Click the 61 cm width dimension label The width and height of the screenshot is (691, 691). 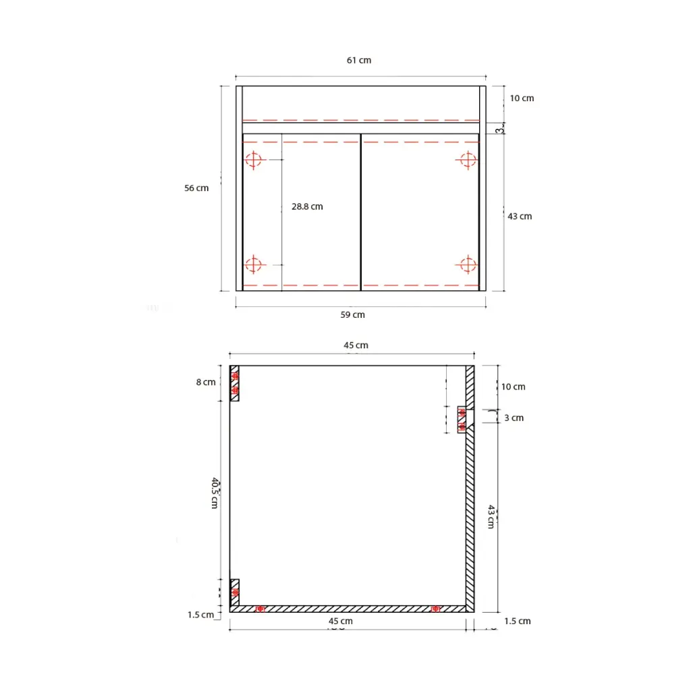coord(359,60)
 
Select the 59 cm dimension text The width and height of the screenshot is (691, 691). coord(353,314)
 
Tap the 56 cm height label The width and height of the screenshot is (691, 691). coord(196,188)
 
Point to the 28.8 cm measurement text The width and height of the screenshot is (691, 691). coord(307,206)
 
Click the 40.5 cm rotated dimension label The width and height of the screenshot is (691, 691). coord(215,493)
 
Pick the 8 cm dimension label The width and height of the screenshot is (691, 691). coord(206,383)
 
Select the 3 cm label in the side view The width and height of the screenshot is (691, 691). coord(514,418)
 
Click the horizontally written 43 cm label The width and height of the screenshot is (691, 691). coord(520,217)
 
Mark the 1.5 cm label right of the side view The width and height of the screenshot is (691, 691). coord(517,621)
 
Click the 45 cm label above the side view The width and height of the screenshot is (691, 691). coord(356,345)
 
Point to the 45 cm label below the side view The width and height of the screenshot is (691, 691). coord(340,621)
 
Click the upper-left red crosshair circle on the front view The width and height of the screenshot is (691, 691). coord(253,160)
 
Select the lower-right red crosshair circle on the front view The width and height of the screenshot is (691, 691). coord(467,265)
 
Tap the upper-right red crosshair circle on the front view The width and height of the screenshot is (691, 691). coord(467,160)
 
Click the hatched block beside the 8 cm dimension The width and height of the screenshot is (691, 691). coord(235,383)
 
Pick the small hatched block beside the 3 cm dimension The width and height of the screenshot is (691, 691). coord(462,419)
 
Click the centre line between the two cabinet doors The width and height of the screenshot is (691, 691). coord(361,212)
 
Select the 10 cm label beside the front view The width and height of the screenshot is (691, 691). coord(521,99)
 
